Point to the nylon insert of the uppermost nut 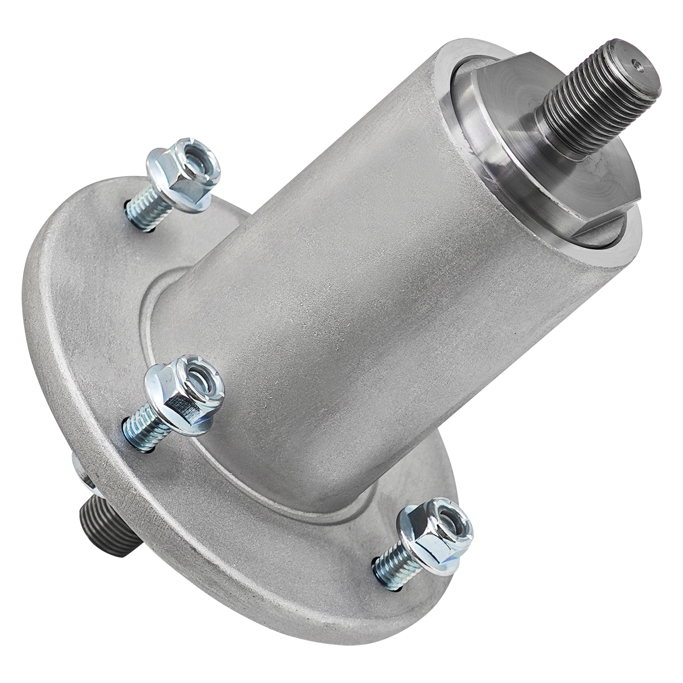point(197,160)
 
